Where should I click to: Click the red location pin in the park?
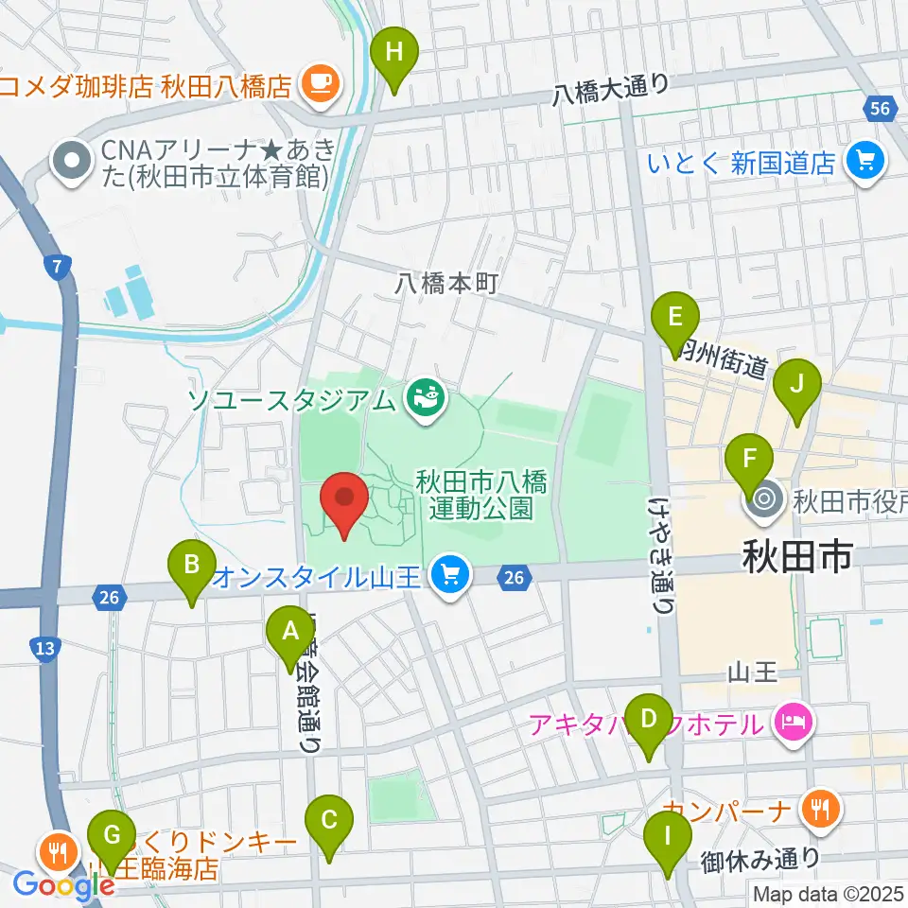pyautogui.click(x=344, y=499)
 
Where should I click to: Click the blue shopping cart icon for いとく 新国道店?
pyautogui.click(x=864, y=162)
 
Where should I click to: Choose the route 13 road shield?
pyautogui.click(x=43, y=649)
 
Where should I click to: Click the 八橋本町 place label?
pyautogui.click(x=447, y=283)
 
